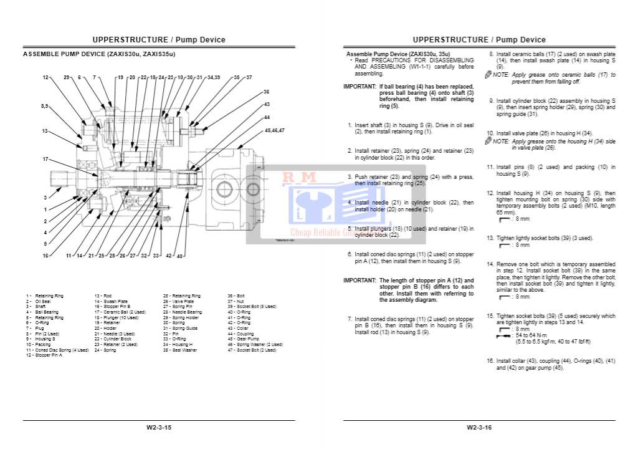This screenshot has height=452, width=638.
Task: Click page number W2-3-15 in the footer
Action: click(159, 428)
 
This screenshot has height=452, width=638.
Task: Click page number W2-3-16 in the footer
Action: click(479, 428)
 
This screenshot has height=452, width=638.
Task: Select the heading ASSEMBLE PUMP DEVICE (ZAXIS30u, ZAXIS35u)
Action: click(99, 54)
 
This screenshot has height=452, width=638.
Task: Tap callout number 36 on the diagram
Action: click(267, 92)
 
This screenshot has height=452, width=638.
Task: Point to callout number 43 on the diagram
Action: click(267, 104)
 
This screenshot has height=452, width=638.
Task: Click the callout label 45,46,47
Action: click(274, 130)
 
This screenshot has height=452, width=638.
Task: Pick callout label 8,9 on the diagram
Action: click(45, 107)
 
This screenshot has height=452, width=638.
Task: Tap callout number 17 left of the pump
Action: click(45, 159)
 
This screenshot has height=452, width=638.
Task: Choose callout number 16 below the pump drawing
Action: click(45, 256)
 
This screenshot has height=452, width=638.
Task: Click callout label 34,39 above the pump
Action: click(214, 77)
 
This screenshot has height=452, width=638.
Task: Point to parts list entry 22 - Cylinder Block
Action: click(113, 339)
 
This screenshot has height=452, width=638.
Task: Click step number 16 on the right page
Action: click(490, 361)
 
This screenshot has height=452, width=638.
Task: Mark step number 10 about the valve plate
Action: click(490, 133)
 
